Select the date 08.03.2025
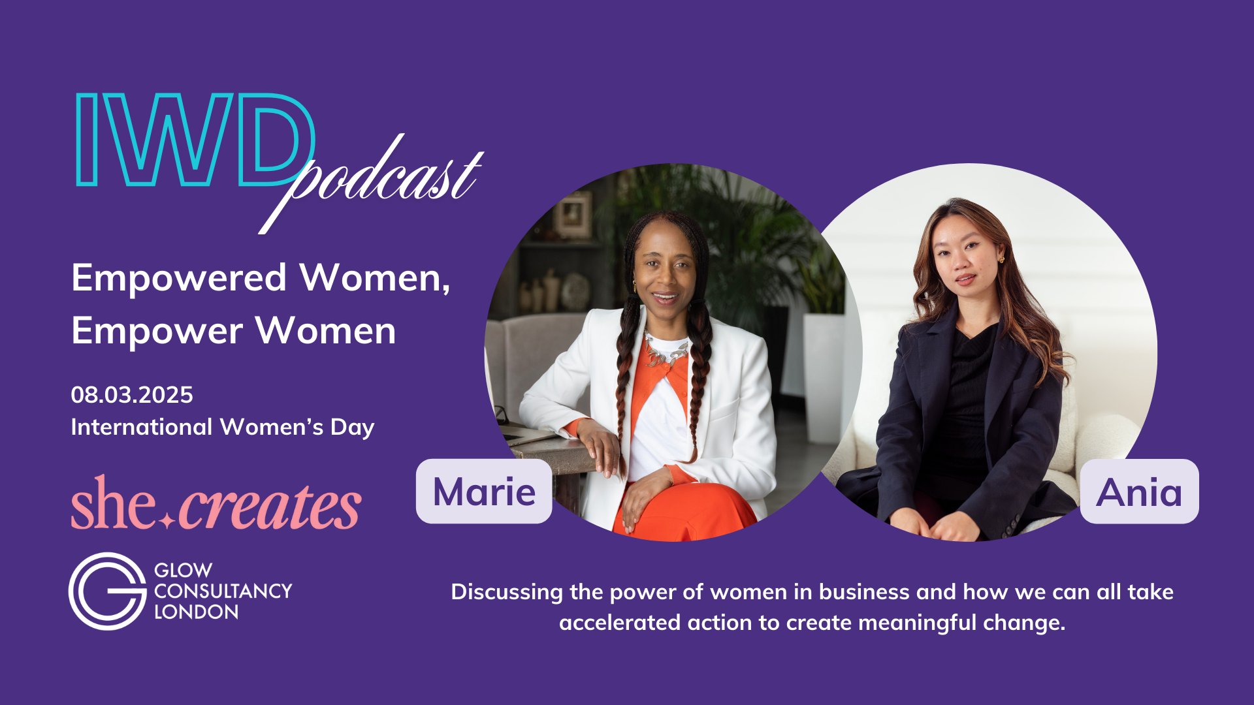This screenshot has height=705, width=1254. [132, 395]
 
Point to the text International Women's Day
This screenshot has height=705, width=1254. [223, 427]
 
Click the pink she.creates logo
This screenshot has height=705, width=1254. [216, 503]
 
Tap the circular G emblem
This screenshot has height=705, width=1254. [108, 591]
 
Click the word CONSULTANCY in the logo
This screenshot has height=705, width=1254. [223, 591]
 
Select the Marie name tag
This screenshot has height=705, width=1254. [484, 491]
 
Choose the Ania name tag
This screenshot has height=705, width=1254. [1140, 492]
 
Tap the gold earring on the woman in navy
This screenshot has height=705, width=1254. [1001, 260]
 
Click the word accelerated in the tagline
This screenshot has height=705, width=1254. [614, 623]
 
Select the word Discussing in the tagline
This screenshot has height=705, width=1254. [507, 593]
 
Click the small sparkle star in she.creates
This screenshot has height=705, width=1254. [167, 520]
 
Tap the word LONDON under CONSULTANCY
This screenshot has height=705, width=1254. [197, 612]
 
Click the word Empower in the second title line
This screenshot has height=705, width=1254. [157, 332]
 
